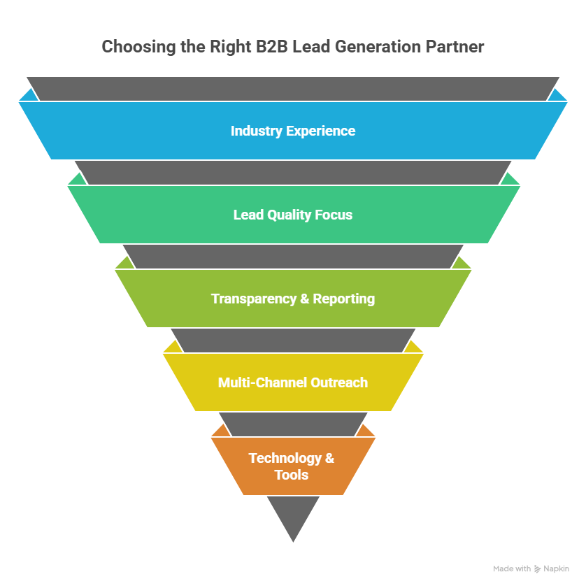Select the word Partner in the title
coord(458,47)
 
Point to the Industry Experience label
coord(293,131)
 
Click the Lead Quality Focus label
coord(293,215)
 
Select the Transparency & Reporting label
coord(293,299)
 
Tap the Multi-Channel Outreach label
coord(293,382)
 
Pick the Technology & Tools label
coord(292,466)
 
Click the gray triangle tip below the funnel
coord(293,521)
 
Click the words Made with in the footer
coord(512,569)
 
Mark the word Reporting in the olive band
coord(343,299)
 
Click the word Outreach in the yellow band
coord(340,382)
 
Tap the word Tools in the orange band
coord(292,475)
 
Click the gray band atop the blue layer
coord(293,88)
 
